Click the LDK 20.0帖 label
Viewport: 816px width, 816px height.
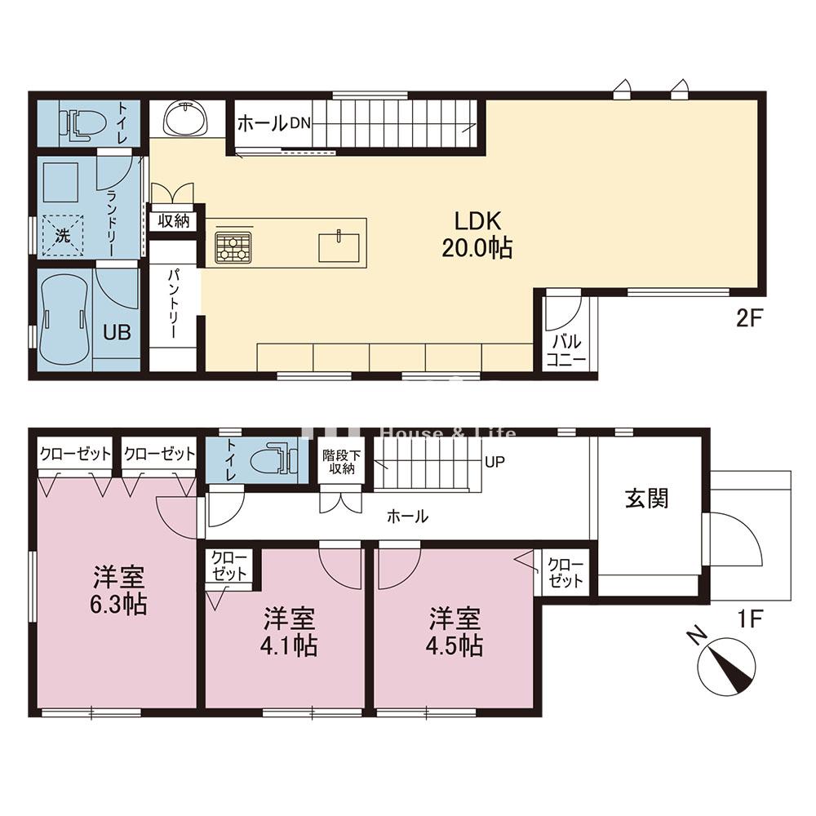[477, 235]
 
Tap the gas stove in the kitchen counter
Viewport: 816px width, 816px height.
[233, 246]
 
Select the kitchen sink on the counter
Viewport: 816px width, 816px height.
[339, 247]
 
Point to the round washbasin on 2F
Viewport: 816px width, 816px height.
[185, 118]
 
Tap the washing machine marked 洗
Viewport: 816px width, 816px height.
[63, 236]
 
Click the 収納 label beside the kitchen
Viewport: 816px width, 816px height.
[173, 221]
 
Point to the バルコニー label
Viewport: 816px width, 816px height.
[566, 350]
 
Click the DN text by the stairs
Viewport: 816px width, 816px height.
[300, 123]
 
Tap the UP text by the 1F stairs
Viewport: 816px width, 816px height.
[494, 462]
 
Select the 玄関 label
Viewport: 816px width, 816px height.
[647, 499]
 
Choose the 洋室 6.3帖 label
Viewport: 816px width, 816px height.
[118, 590]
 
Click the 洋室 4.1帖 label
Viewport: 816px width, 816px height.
[289, 632]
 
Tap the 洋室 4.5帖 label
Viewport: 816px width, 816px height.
[455, 632]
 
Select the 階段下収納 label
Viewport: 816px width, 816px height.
[341, 462]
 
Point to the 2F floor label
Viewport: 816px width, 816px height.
[749, 318]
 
